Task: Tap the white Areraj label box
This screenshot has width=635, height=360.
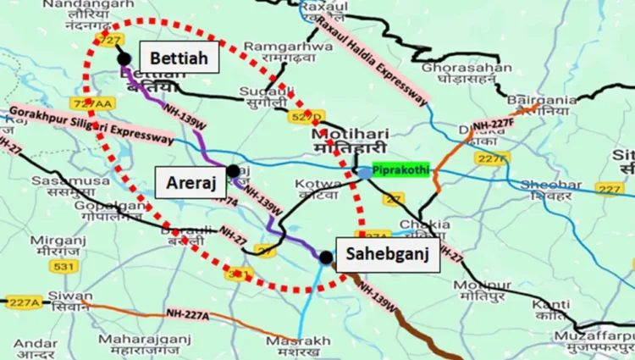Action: [x=190, y=180]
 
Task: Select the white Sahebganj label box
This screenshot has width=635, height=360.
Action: [x=388, y=253]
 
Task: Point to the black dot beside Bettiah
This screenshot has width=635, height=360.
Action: [x=124, y=58]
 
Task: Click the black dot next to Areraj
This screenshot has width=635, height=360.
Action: [x=233, y=170]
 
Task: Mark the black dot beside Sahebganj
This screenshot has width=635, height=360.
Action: [x=326, y=256]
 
